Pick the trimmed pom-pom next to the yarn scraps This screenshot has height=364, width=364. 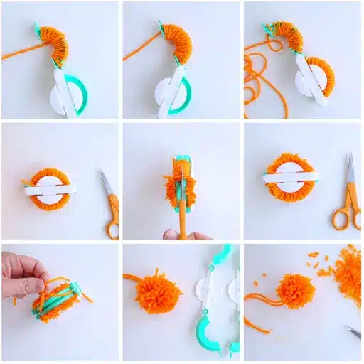295,290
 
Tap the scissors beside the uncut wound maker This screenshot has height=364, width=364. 109,203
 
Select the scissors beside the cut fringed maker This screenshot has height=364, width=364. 348,192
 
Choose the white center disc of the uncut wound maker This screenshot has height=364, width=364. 50,188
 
